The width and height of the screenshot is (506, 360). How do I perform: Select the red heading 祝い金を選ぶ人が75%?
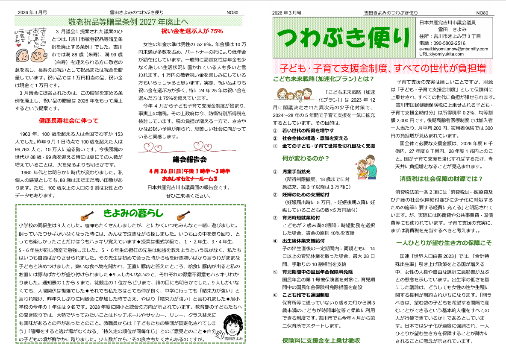(x=192, y=31)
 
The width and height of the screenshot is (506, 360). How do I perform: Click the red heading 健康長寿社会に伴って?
(x=68, y=120)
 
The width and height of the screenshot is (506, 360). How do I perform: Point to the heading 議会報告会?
(x=189, y=160)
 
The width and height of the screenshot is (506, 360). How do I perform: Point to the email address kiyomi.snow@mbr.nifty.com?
(x=453, y=49)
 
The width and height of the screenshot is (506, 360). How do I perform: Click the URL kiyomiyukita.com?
(x=441, y=54)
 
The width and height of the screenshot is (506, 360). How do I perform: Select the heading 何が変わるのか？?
(x=306, y=158)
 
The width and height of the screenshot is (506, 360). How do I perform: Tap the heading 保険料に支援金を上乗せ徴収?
(x=321, y=340)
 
